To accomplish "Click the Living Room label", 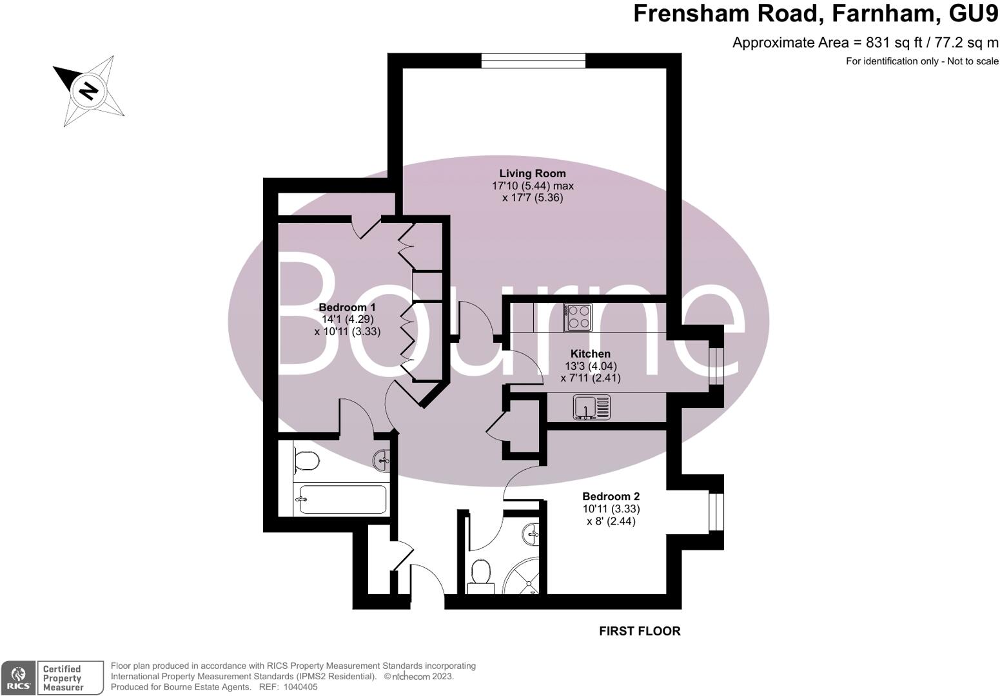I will (x=533, y=173).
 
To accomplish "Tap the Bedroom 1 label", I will (x=347, y=307).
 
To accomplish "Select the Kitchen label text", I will (x=590, y=354).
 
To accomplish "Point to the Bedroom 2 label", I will (x=611, y=496).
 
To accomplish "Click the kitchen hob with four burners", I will (x=578, y=317).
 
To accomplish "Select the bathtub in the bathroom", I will (x=342, y=499).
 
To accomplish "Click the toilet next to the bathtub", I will (x=306, y=461).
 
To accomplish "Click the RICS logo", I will (x=18, y=678).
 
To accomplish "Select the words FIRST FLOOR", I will (x=640, y=632).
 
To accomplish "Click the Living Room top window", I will (x=533, y=61).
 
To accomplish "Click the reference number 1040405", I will (x=297, y=688).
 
